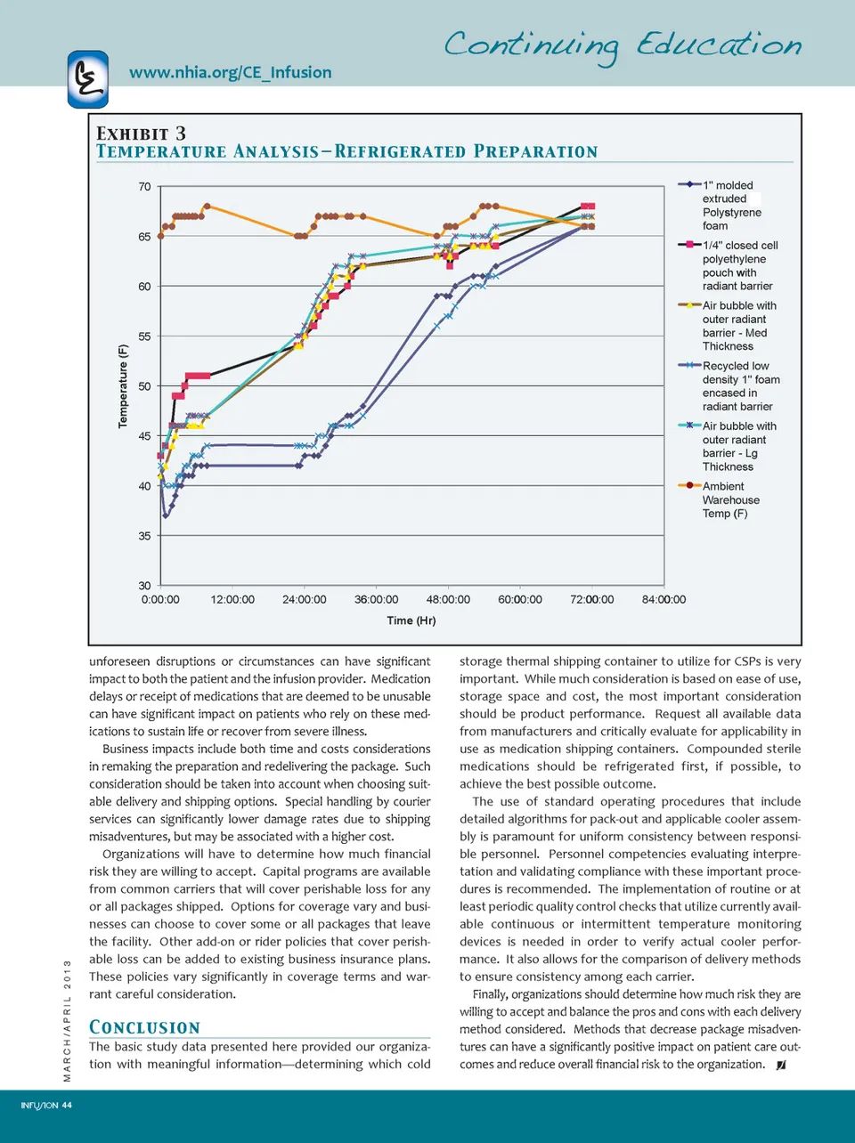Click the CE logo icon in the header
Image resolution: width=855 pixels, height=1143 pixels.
pos(87,79)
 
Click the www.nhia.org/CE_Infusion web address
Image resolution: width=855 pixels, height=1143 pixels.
pos(230,73)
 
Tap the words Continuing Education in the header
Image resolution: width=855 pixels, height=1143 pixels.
pos(623,45)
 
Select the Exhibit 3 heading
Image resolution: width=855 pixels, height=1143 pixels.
pos(141,134)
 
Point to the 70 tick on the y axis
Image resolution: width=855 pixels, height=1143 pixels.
pos(144,187)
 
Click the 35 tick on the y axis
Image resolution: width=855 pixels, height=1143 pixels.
pos(144,536)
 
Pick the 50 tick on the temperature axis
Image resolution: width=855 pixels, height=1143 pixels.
pos(144,386)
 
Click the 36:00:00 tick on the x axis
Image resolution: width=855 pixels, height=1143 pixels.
pos(376,600)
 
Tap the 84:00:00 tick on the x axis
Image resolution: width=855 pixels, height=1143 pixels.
pos(664,600)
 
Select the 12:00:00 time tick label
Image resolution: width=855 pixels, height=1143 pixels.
pos(232,600)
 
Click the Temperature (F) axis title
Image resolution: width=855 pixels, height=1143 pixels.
pos(123,385)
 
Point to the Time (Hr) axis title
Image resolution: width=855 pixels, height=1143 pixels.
pos(411,620)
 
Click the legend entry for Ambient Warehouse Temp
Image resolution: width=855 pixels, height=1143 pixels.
pos(730,499)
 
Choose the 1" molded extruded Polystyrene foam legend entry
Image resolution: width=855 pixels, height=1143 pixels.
pos(730,206)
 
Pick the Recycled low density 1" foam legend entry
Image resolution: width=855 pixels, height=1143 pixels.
pos(739,385)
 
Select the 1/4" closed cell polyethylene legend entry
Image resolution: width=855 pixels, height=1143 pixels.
pos(739,265)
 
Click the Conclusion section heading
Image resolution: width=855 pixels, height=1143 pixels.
pos(144,1027)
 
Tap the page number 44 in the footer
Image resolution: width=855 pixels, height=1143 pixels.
pos(67,1106)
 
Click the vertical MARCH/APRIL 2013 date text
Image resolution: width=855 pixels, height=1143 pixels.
pos(67,1020)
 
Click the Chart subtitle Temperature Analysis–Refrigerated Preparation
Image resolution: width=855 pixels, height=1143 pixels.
pos(346,152)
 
